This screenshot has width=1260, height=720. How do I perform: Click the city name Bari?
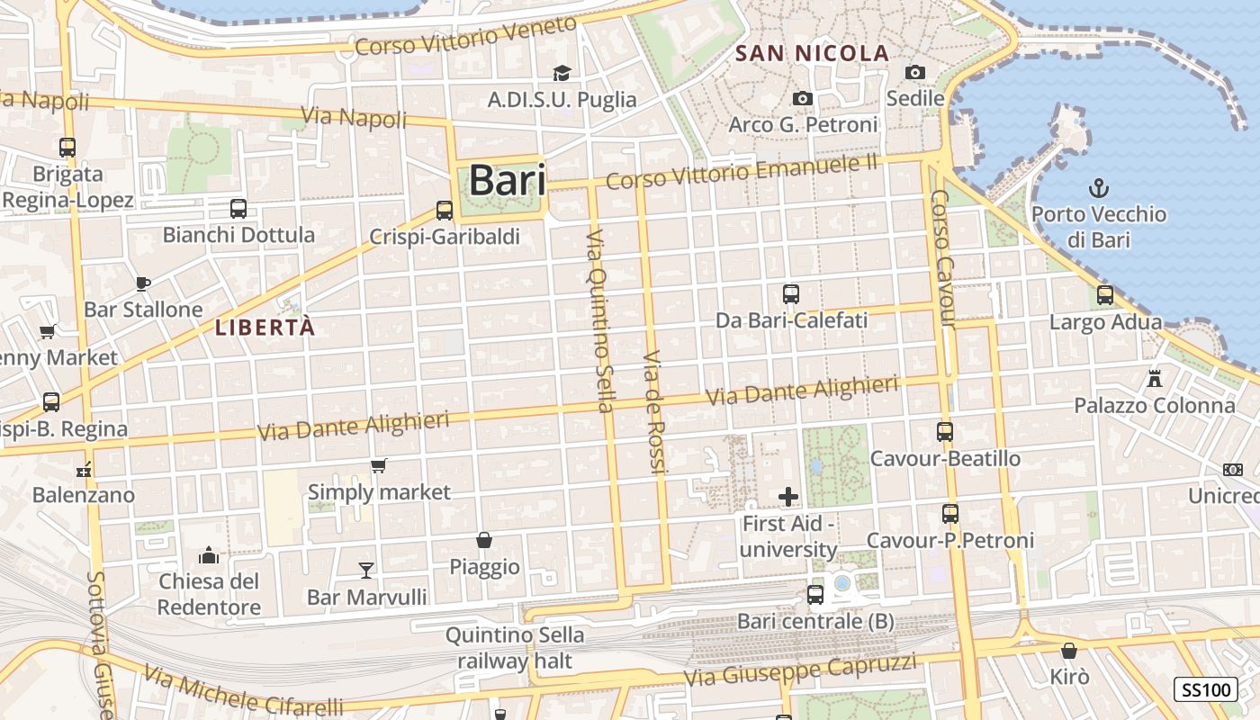click(507, 180)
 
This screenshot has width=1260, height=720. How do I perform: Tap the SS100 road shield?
click(1205, 690)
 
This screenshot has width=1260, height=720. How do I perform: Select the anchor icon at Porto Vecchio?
click(1098, 188)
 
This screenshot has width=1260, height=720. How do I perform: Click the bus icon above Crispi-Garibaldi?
click(444, 211)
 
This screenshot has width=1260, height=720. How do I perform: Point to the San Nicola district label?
click(812, 53)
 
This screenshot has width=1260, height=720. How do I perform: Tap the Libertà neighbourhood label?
click(265, 328)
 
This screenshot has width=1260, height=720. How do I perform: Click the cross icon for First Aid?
click(788, 496)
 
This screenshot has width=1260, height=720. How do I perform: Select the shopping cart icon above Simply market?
click(379, 465)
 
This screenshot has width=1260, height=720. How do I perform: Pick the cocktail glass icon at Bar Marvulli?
click(366, 570)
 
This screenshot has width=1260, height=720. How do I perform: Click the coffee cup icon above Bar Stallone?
click(142, 283)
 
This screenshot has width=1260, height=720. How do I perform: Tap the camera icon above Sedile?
click(915, 72)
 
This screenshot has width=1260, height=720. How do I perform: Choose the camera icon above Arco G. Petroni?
click(803, 98)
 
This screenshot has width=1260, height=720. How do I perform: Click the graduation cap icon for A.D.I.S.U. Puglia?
click(562, 73)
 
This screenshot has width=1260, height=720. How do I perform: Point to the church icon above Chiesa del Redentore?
click(209, 554)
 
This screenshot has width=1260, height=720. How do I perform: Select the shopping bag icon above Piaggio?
click(484, 540)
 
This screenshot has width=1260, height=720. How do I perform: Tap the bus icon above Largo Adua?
click(1105, 294)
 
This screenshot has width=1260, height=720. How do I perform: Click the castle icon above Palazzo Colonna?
click(1155, 379)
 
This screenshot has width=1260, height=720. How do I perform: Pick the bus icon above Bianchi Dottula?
click(238, 209)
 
